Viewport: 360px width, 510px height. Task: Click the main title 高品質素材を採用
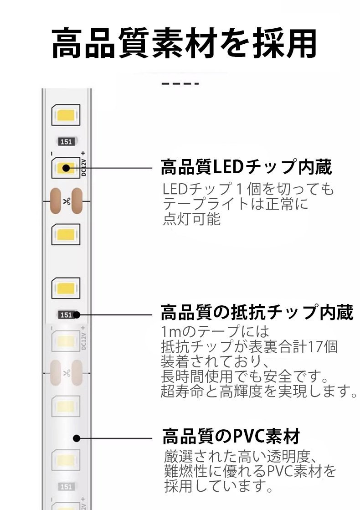[184, 44]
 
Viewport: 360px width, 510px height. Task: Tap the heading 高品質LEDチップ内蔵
[246, 168]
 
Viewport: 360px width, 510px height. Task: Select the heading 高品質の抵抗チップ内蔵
[257, 314]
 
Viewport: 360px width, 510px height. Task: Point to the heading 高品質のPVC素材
[231, 436]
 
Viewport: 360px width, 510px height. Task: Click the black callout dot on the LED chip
[66, 168]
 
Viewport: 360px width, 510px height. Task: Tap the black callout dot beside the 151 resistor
[77, 314]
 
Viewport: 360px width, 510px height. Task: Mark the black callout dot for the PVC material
[77, 438]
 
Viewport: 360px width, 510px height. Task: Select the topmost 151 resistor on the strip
[66, 142]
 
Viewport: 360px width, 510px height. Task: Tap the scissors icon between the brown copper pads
[66, 201]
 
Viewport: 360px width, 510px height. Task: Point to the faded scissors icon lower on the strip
[66, 372]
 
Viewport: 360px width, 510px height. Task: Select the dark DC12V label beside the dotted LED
[83, 168]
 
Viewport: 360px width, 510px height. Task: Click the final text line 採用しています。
[219, 486]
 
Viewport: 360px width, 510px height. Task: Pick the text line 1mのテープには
[215, 331]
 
